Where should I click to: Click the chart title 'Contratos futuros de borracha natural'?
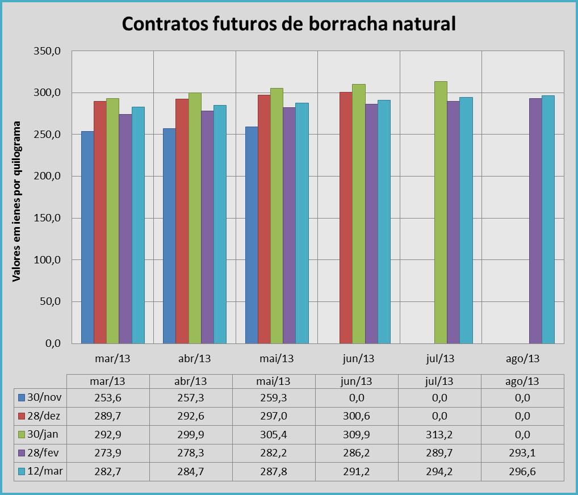(x=289, y=24)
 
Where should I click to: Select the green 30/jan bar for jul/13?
(x=441, y=212)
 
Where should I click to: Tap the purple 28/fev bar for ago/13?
(x=535, y=221)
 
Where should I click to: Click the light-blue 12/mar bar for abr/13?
(x=220, y=224)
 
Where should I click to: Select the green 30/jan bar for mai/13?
(x=277, y=216)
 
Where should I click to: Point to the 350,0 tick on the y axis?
(x=49, y=51)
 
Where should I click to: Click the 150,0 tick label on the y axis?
(x=49, y=218)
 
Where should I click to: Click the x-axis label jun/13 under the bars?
(x=359, y=359)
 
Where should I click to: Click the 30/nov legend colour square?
(x=22, y=398)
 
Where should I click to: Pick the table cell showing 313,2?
(x=440, y=435)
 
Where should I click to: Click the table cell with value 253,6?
(x=108, y=398)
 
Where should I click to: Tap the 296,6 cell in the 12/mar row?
(x=522, y=472)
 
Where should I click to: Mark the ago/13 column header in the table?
(x=522, y=381)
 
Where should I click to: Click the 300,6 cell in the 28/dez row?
(x=358, y=416)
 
